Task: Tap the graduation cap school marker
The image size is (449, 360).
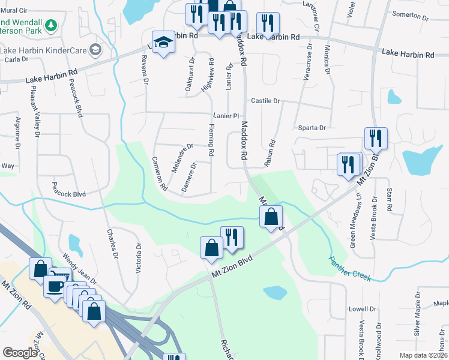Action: point(163,43)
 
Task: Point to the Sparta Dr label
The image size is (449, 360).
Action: point(312,128)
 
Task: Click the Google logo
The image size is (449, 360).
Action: point(20,353)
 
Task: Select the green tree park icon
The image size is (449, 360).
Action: point(52,25)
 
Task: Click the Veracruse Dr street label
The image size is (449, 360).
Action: point(310,61)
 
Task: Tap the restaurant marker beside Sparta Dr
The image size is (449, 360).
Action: point(376,139)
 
